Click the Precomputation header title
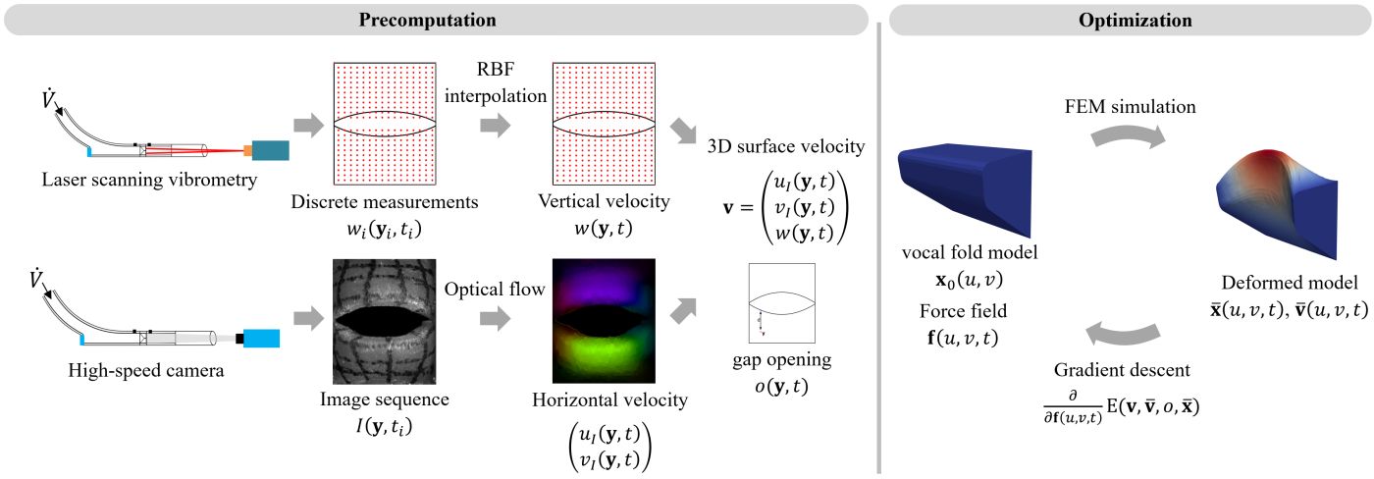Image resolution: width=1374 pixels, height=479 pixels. click(x=428, y=20)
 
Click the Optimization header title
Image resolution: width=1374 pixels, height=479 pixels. click(x=1136, y=20)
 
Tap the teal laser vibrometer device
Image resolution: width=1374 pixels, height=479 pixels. click(x=271, y=150)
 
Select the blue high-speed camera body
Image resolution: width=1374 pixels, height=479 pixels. click(x=261, y=339)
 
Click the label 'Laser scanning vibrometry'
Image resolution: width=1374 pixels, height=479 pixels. click(x=149, y=180)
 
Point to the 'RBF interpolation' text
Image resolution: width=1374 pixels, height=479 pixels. click(x=496, y=82)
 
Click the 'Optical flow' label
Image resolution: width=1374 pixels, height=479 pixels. click(x=495, y=289)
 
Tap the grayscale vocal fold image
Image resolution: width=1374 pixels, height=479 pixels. click(x=385, y=321)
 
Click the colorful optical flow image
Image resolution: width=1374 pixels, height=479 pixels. click(x=604, y=321)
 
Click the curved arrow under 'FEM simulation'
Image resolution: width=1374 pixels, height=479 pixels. click(x=1128, y=136)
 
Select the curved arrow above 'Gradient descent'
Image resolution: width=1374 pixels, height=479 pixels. click(x=1123, y=334)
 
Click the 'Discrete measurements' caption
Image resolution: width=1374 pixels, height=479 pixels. click(x=385, y=202)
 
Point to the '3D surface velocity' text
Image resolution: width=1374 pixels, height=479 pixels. click(x=786, y=146)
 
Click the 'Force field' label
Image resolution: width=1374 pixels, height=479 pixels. click(x=963, y=311)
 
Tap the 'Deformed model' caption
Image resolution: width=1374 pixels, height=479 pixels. click(x=1290, y=283)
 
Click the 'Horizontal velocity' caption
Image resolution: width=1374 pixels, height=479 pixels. click(x=609, y=399)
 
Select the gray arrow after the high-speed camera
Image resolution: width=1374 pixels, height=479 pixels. click(x=308, y=318)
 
